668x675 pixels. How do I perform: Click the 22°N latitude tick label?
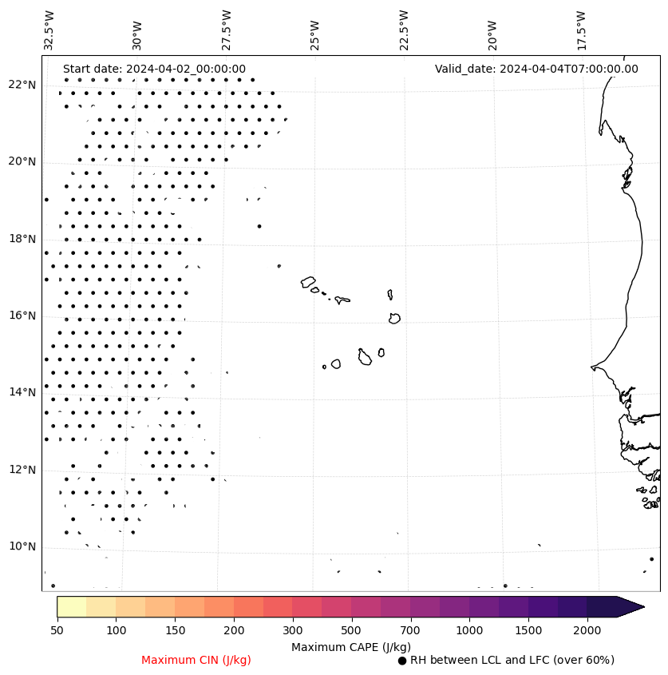(22, 85)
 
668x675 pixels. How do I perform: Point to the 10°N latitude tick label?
(22, 547)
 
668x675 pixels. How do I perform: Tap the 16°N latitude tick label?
(22, 316)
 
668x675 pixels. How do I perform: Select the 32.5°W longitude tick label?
(49, 30)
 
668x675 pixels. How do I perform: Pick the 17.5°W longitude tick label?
(581, 30)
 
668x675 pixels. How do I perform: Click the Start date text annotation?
(154, 69)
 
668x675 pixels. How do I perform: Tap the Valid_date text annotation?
(536, 69)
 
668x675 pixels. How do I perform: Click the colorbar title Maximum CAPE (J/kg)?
(350, 647)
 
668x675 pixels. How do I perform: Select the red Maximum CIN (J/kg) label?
(196, 661)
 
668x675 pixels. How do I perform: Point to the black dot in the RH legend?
(402, 661)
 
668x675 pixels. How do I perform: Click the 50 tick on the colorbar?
(57, 631)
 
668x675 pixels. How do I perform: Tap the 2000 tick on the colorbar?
(587, 631)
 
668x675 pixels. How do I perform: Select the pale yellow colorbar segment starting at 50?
(71, 606)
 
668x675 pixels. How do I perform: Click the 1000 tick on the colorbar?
(469, 631)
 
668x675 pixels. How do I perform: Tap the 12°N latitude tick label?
(22, 470)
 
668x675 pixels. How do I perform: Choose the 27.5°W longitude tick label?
(227, 30)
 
